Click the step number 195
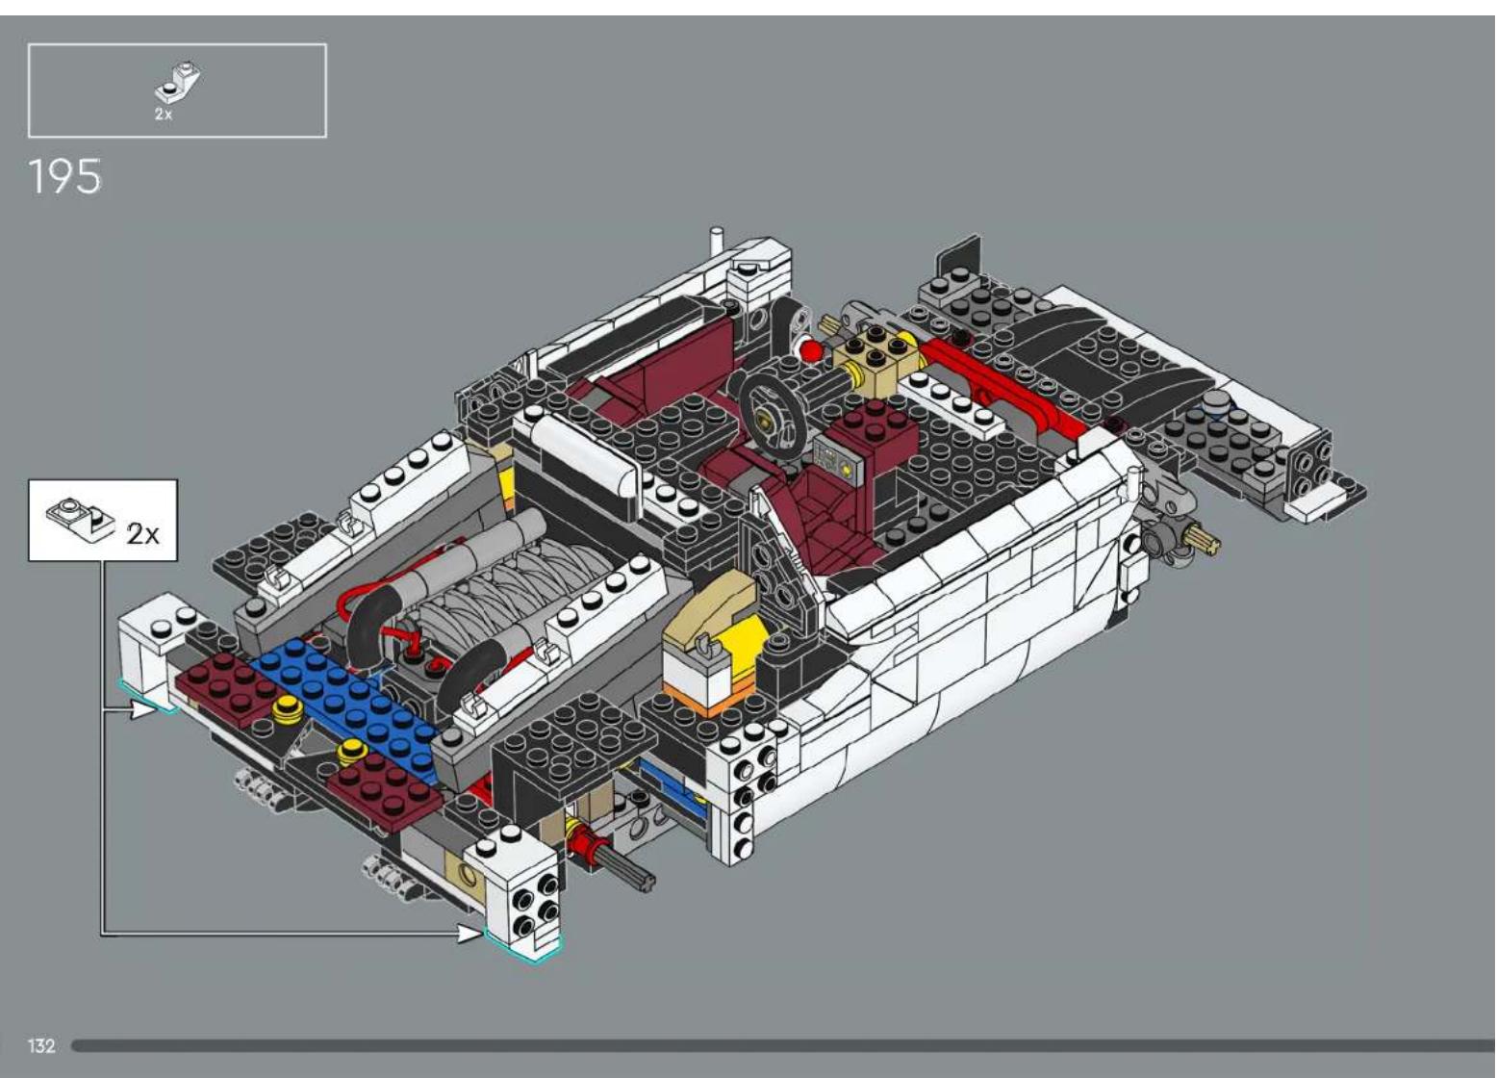[x=64, y=177]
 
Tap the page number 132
[x=41, y=1045]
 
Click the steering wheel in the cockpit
[x=774, y=414]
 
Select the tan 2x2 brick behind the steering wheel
[x=876, y=355]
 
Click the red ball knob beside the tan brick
[x=811, y=349]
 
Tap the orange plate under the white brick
[x=701, y=703]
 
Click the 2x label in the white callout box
[x=143, y=533]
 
